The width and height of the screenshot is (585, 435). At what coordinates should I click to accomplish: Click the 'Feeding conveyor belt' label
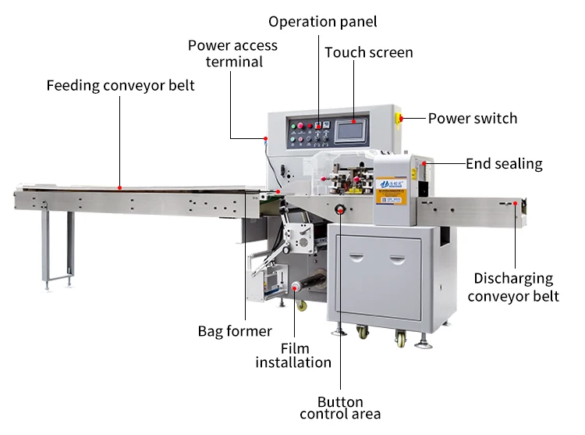click(120, 85)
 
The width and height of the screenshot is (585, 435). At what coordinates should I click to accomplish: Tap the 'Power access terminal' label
click(232, 53)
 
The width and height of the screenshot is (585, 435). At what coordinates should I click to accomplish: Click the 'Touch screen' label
click(368, 52)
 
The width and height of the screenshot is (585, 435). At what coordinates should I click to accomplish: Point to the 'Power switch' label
click(472, 119)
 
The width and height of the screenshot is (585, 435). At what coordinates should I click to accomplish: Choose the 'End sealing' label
click(504, 164)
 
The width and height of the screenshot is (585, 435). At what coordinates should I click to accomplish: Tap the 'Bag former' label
click(235, 331)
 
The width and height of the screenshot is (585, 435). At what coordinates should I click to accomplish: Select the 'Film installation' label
click(293, 355)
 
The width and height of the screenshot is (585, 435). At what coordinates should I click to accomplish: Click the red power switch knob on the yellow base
click(399, 119)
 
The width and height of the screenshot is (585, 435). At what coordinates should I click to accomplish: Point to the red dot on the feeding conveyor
click(119, 187)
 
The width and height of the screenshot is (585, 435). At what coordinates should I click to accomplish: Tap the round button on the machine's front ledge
click(340, 209)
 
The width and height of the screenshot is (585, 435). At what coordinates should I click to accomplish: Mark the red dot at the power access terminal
click(266, 138)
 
